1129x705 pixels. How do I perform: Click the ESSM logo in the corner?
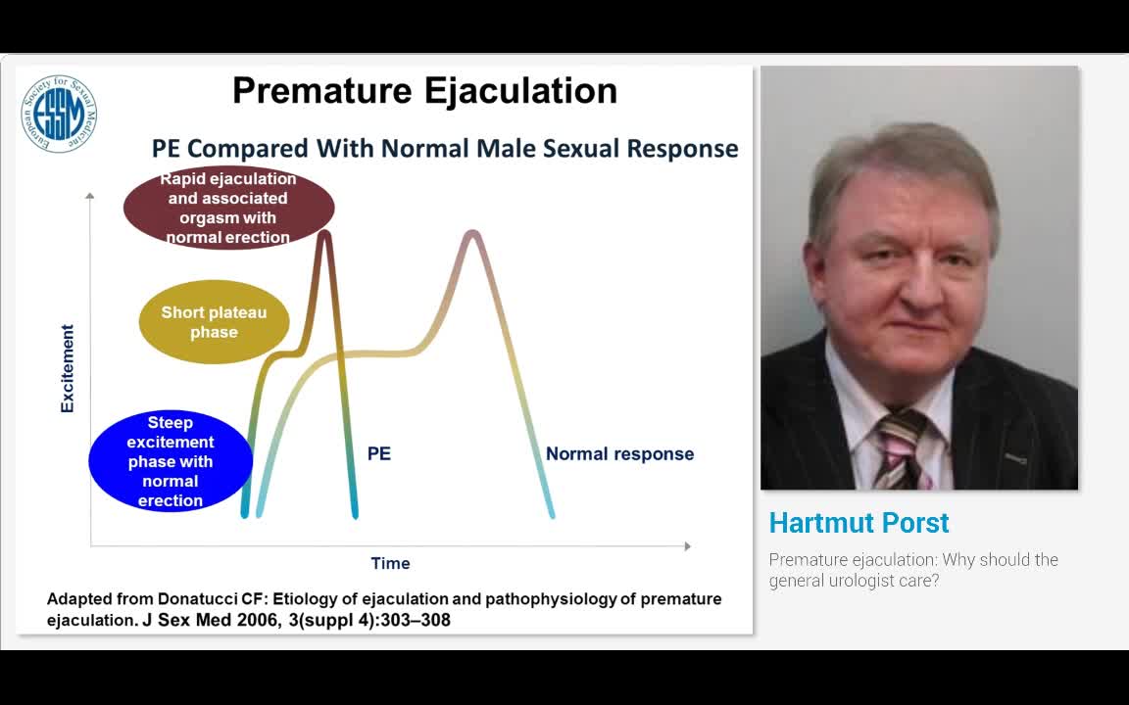pos(59,114)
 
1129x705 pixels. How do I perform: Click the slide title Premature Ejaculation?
pos(424,91)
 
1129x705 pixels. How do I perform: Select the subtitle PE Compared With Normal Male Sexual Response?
pos(445,149)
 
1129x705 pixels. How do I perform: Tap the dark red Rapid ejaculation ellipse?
pos(228,208)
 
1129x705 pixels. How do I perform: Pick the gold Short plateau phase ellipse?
pos(214,322)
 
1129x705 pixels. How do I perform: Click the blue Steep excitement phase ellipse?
pos(171,461)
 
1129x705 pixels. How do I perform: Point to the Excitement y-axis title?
pos(68,368)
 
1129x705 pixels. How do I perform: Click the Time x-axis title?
pos(390,563)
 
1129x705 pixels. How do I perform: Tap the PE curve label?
pos(379,453)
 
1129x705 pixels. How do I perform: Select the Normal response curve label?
pos(619,453)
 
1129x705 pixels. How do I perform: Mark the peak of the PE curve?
pos(324,232)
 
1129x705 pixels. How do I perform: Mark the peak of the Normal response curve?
pos(472,232)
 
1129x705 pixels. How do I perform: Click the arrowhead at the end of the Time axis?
pos(687,545)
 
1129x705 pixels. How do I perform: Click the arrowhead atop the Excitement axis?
pos(90,196)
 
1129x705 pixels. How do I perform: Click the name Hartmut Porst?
pos(859,523)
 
